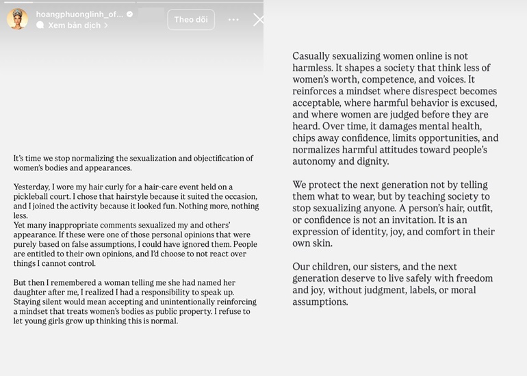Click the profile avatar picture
(x=17, y=19)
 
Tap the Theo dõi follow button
(x=191, y=20)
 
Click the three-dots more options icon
(x=233, y=20)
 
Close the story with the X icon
(x=258, y=20)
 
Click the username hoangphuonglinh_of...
(x=79, y=14)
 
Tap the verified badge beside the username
(x=129, y=14)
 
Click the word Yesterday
(x=31, y=187)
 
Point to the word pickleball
(x=34, y=196)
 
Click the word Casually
(x=312, y=56)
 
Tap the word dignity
(x=372, y=161)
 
